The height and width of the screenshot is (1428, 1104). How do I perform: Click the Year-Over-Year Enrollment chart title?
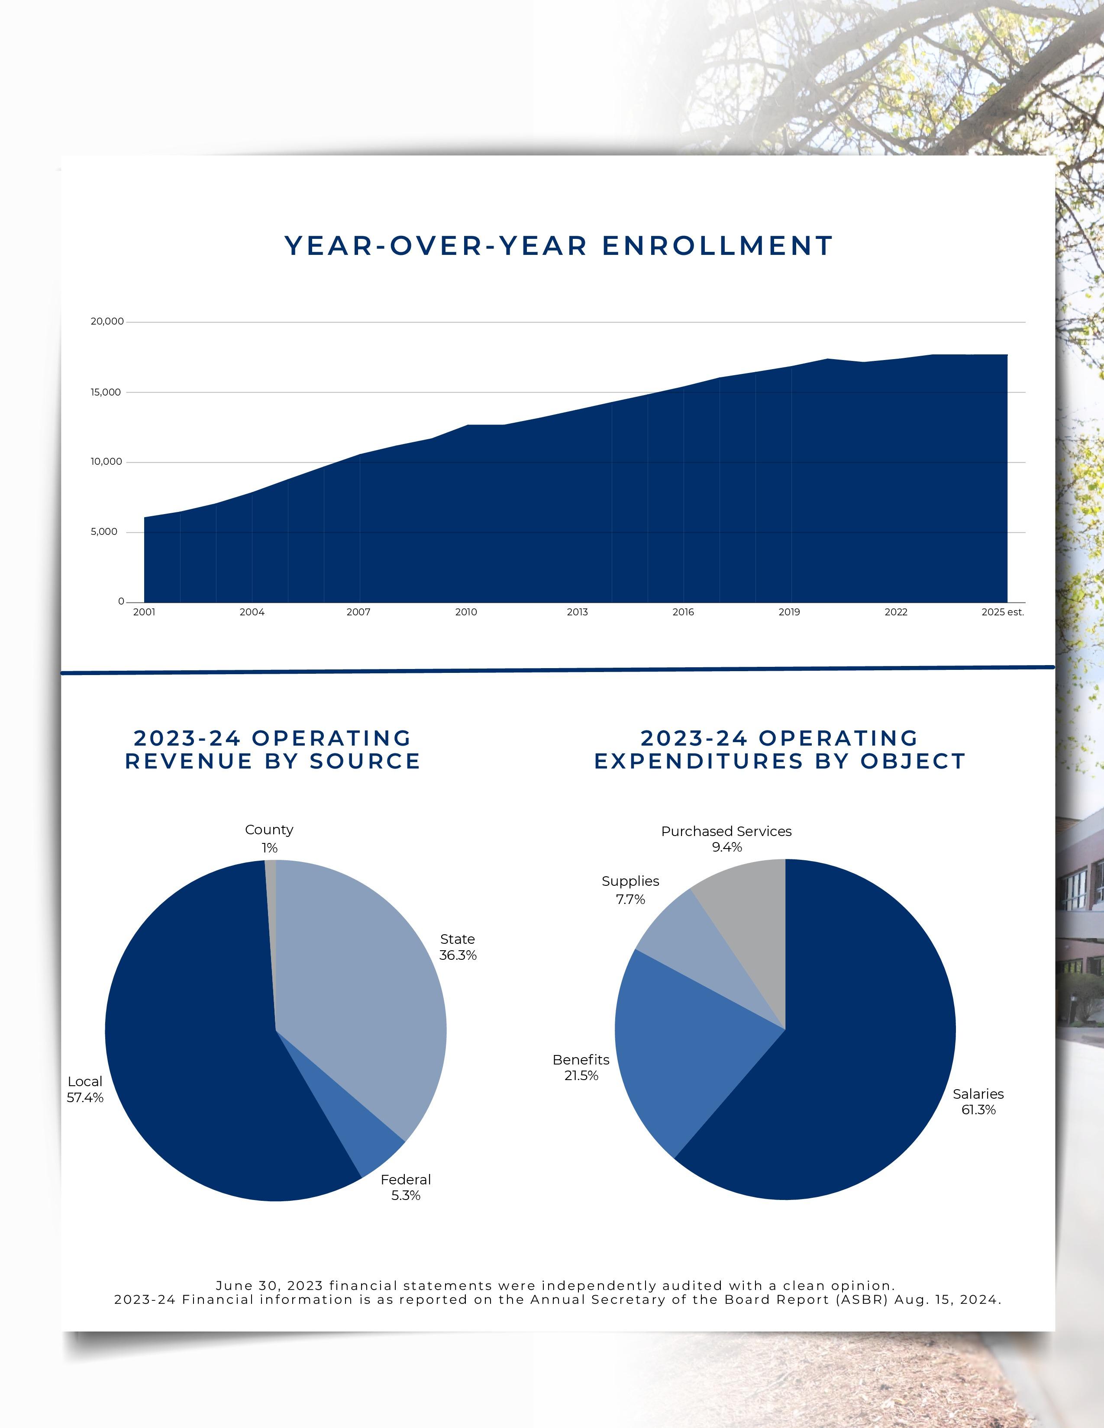pos(558,246)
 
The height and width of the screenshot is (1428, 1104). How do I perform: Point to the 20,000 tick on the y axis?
pos(107,321)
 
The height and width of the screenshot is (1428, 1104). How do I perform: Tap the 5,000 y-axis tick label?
pos(104,531)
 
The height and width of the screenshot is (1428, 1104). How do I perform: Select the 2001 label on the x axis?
pos(144,612)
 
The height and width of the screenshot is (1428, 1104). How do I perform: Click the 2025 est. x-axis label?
pos(1002,612)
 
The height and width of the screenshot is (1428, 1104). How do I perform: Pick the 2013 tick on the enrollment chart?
pos(577,612)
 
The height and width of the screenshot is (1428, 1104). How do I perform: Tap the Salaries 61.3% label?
pos(978,1102)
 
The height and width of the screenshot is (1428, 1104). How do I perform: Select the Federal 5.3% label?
pos(406,1187)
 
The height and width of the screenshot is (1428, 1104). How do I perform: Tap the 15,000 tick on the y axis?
pos(105,392)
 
